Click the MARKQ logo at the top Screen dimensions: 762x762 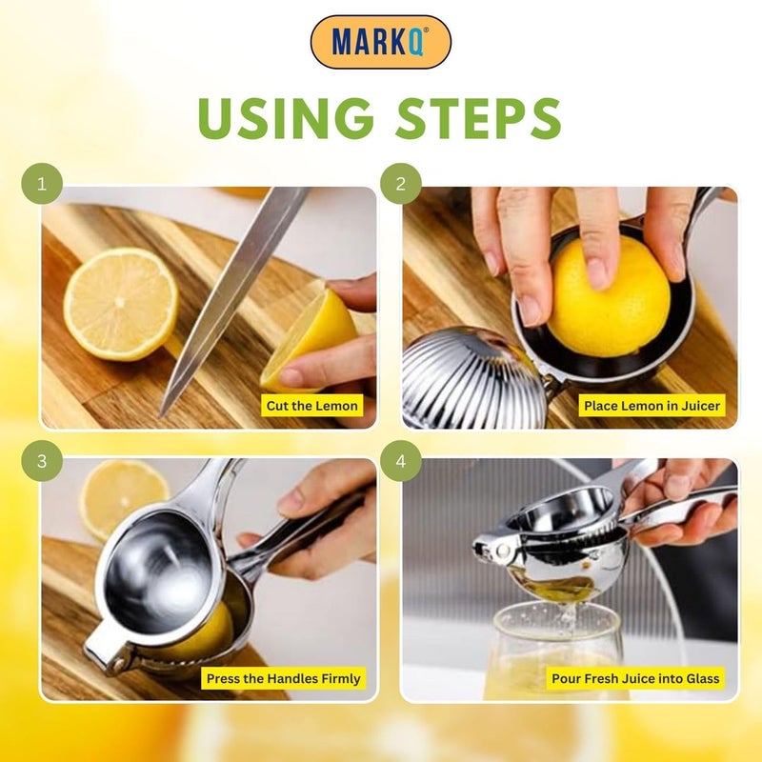380,42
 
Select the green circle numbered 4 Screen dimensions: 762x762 401,461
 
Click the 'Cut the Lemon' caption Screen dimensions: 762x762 312,406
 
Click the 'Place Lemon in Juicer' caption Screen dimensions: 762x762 652,406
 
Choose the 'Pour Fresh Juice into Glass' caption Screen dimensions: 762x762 635,679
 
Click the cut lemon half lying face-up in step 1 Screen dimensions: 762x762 120,303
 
